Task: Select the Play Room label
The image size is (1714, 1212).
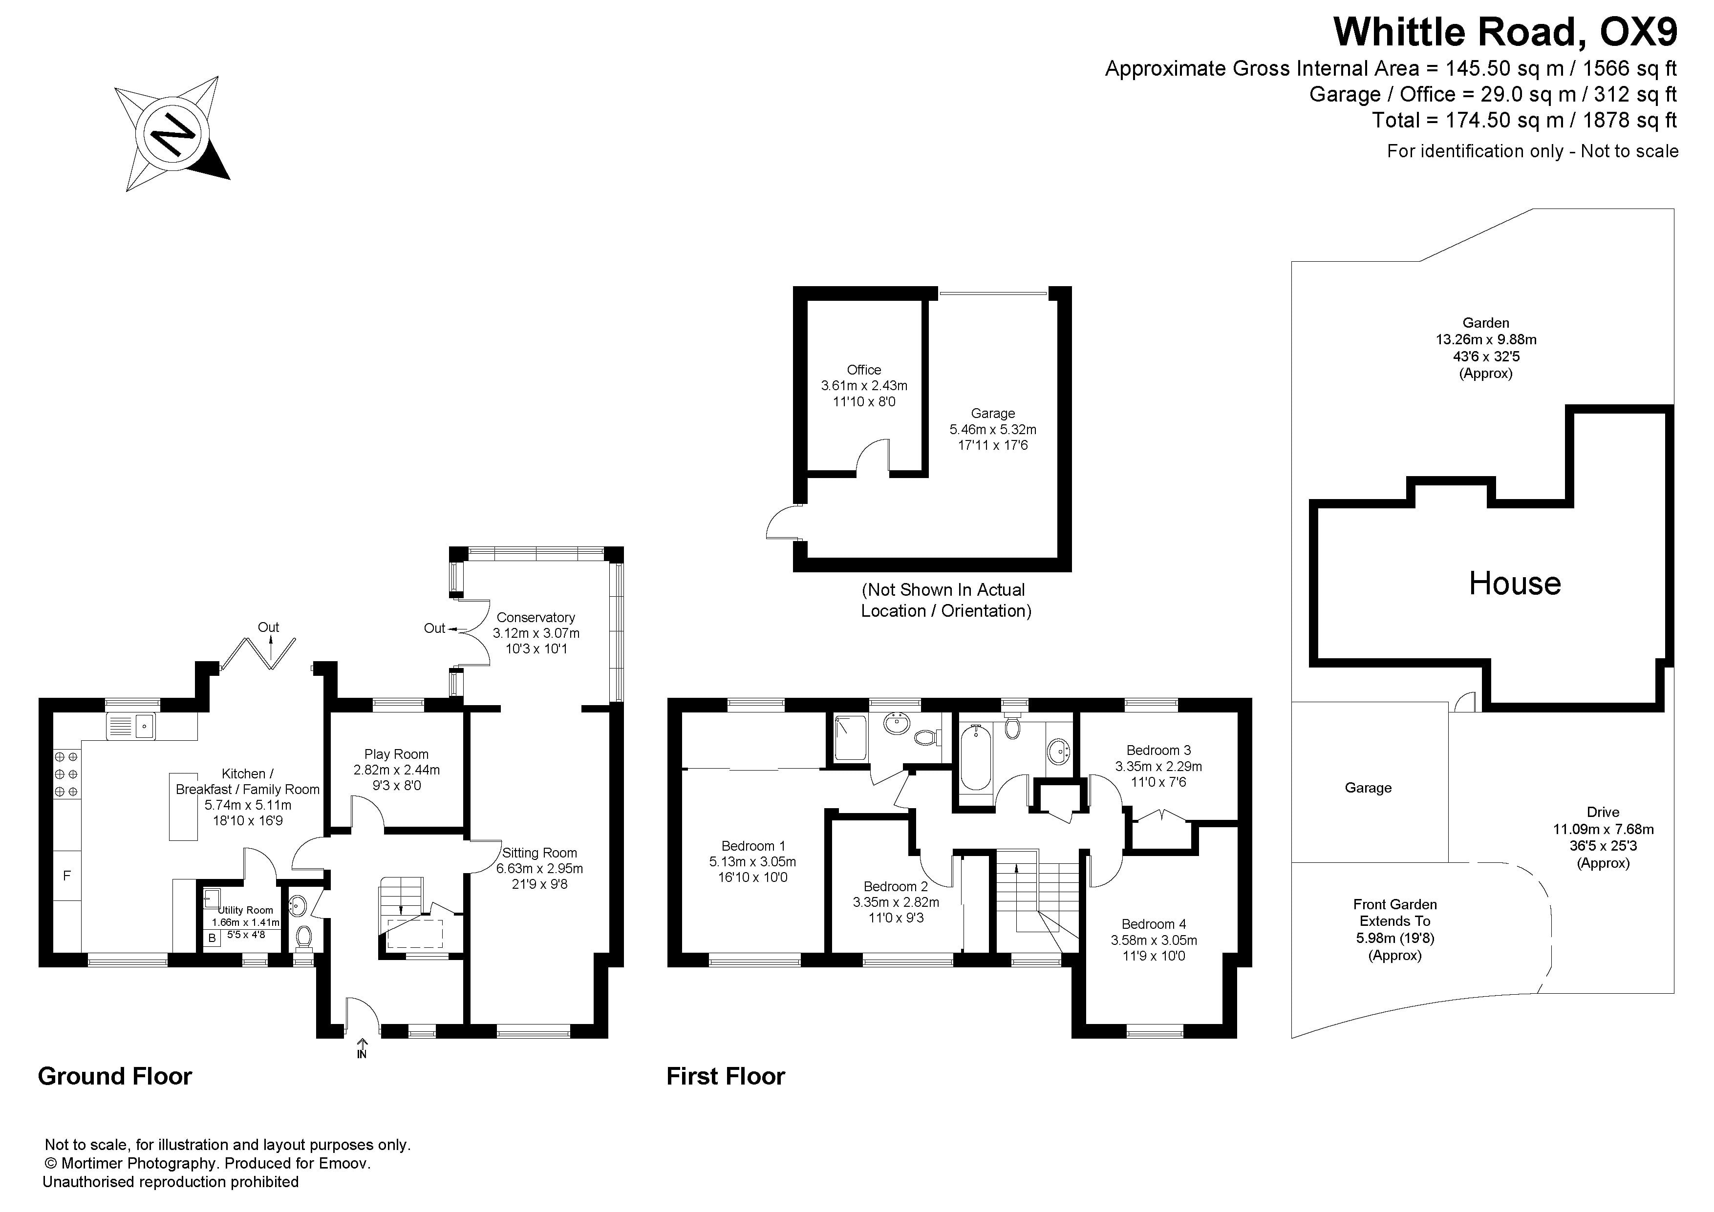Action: click(396, 754)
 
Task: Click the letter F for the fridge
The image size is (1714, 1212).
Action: click(66, 876)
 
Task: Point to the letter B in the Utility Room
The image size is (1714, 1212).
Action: click(212, 938)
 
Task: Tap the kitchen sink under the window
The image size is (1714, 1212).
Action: click(131, 726)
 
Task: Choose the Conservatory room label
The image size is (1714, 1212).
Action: click(536, 617)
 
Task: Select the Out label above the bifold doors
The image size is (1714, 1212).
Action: click(269, 627)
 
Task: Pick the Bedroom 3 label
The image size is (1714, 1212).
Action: click(1158, 750)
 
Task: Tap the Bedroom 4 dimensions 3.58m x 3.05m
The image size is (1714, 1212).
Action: click(1154, 940)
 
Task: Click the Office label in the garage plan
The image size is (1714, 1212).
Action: click(864, 370)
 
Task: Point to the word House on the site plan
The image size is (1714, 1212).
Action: click(1515, 583)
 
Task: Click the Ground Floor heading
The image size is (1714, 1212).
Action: click(115, 1076)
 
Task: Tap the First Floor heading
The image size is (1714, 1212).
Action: click(726, 1076)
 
